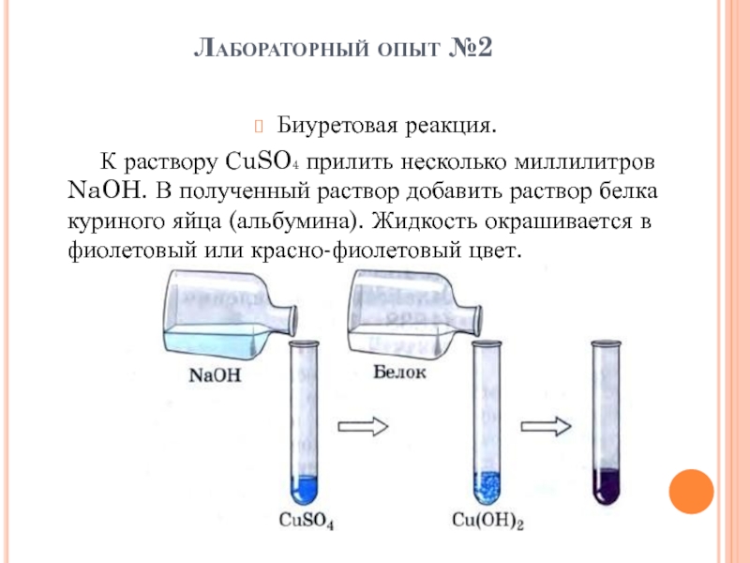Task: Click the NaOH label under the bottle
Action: (214, 373)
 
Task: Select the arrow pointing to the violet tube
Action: (546, 423)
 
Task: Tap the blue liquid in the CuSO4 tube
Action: (304, 488)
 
